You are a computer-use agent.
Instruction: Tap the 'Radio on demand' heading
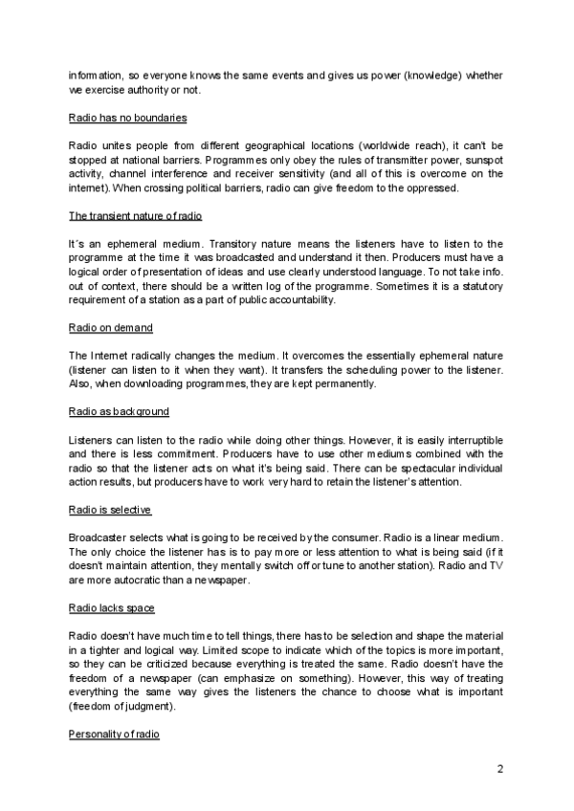tap(111, 328)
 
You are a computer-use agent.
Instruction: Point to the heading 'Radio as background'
tap(119, 411)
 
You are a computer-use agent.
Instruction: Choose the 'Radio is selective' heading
tap(110, 510)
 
